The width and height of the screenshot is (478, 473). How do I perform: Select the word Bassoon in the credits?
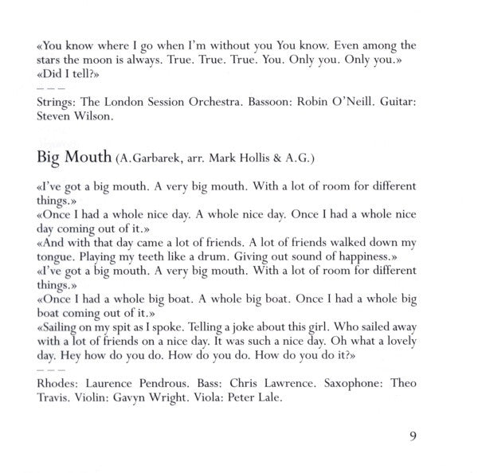pos(259,103)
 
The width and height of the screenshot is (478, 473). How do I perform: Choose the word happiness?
pos(348,257)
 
